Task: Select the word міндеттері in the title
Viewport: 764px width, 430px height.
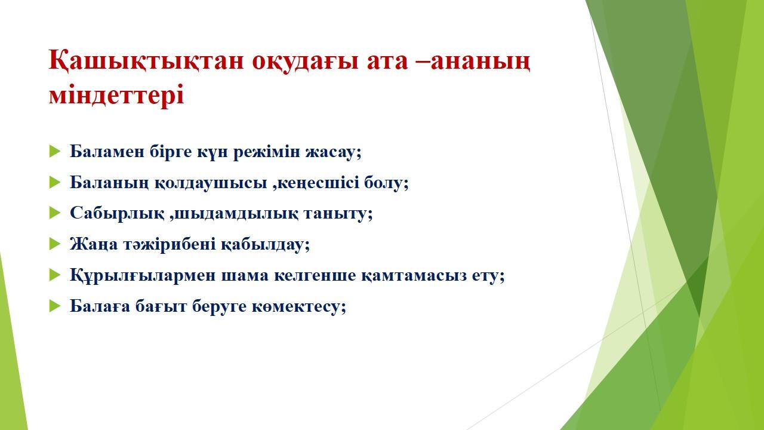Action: click(x=116, y=94)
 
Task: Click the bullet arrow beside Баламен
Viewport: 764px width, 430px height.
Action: click(x=54, y=151)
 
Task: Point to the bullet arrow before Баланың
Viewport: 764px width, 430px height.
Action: click(x=54, y=182)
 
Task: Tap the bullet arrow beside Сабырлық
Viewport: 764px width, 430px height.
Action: click(x=54, y=213)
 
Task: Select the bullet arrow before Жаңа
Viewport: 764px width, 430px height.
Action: click(x=54, y=244)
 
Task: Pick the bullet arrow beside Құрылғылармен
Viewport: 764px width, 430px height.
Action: click(x=54, y=275)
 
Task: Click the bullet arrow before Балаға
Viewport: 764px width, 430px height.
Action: click(x=54, y=306)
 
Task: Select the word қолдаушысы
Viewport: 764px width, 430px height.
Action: click(x=211, y=183)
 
